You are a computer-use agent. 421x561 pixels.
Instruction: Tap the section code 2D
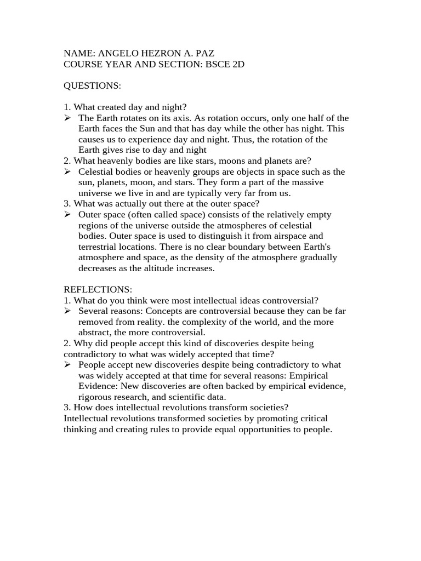(x=237, y=64)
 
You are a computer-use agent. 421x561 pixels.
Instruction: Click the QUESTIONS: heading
(x=92, y=86)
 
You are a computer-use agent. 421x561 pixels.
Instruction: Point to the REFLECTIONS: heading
(x=98, y=289)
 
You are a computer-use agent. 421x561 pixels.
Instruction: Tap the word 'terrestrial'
(x=99, y=247)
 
